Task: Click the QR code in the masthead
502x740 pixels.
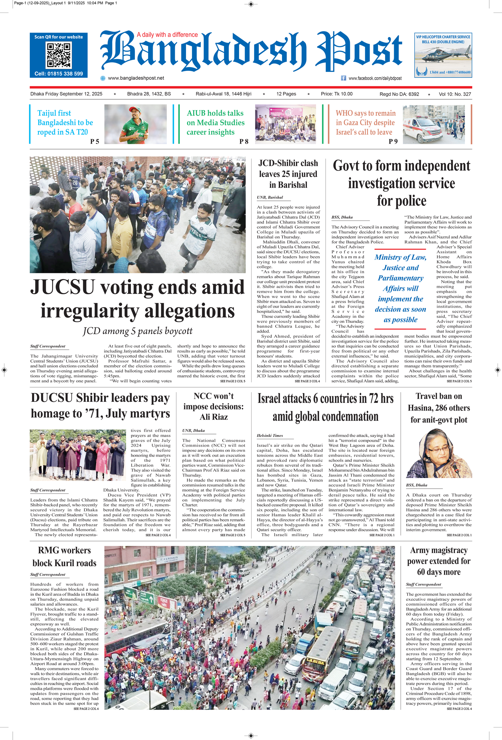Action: [x=59, y=55]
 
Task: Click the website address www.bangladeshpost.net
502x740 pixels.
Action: [x=136, y=78]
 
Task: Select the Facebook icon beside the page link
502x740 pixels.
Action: [x=344, y=78]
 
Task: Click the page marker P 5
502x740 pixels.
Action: [x=95, y=141]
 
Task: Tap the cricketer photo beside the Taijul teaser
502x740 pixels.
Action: [x=135, y=124]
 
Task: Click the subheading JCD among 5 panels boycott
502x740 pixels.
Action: [x=138, y=331]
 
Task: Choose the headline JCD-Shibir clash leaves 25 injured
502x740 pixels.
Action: [x=288, y=174]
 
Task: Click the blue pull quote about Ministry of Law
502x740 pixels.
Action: [x=400, y=288]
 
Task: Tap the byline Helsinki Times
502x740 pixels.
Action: [x=270, y=436]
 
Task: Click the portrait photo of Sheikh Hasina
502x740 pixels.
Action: [x=439, y=454]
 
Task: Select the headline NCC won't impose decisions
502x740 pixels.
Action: [x=213, y=406]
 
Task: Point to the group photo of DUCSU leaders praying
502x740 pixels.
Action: [x=78, y=455]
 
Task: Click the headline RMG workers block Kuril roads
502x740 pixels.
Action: [x=64, y=556]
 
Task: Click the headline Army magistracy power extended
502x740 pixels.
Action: [x=439, y=561]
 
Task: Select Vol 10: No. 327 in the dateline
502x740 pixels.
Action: [x=455, y=94]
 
